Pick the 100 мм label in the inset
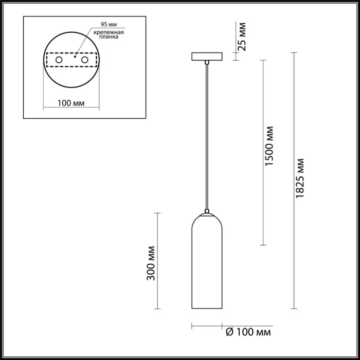[x=70, y=103]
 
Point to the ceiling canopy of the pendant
[x=206, y=56]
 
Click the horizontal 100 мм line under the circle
[x=70, y=109]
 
